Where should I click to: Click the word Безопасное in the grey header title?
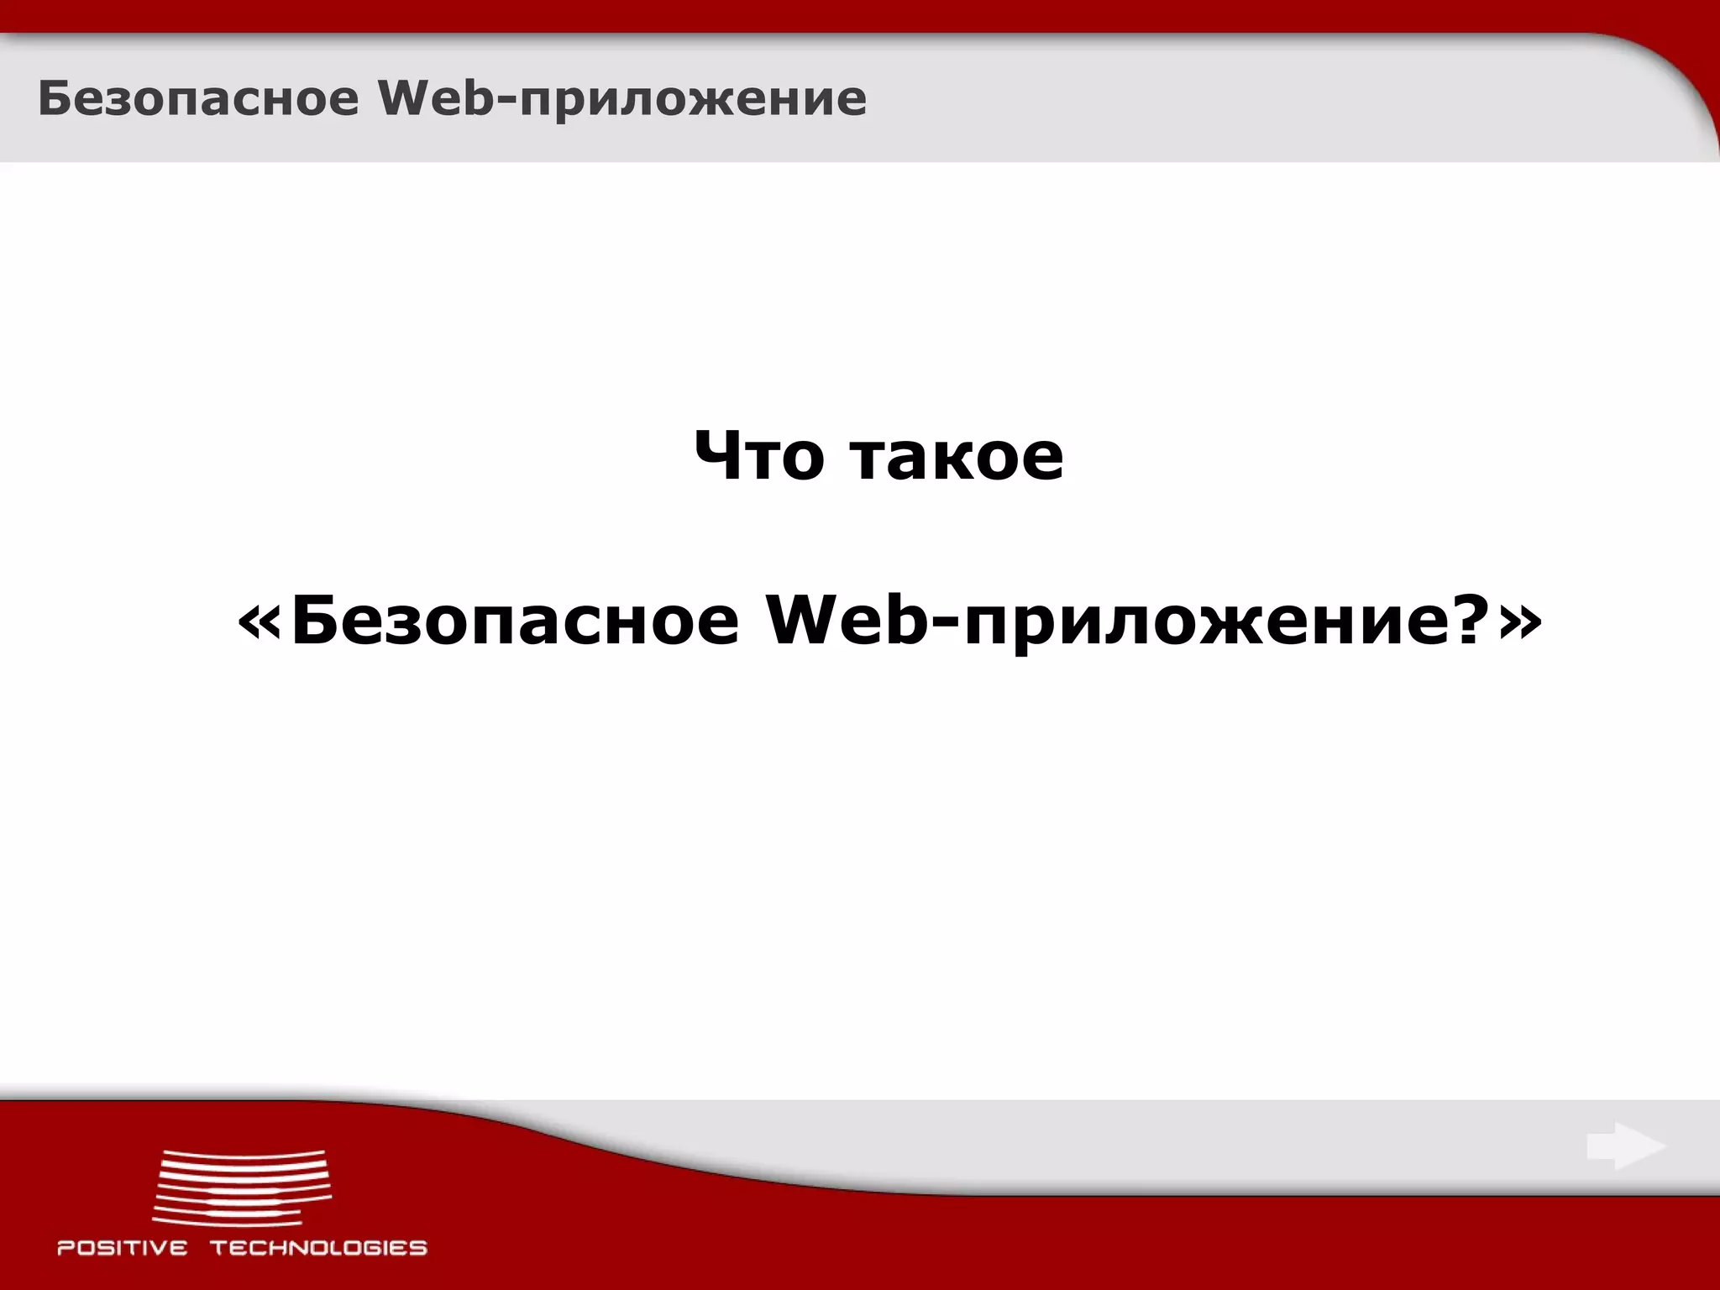198,99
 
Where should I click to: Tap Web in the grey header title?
435,99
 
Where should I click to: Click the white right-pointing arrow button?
1626,1146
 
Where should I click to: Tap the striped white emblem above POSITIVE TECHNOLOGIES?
242,1185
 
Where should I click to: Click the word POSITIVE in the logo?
123,1248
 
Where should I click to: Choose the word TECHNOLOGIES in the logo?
318,1248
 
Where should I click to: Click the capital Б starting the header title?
53,99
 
